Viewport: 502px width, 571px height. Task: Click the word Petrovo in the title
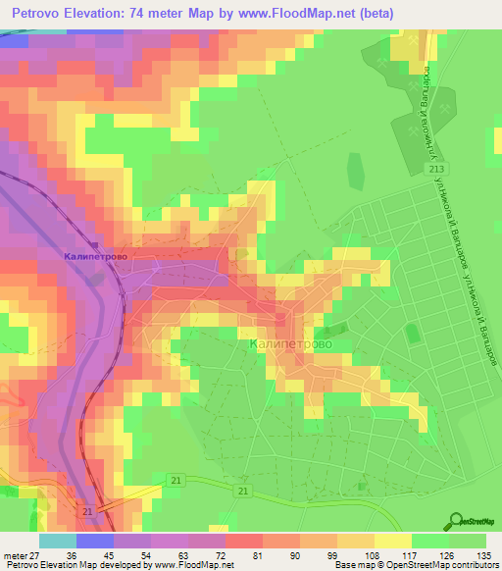(x=37, y=14)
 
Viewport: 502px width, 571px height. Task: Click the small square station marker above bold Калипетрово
(x=95, y=245)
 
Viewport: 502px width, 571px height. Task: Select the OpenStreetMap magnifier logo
(x=457, y=520)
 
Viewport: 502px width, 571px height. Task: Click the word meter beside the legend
(x=13, y=555)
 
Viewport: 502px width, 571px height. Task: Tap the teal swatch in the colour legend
(x=58, y=541)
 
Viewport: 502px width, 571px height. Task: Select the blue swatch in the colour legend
(x=95, y=541)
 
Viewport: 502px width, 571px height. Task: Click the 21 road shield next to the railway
(x=87, y=512)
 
